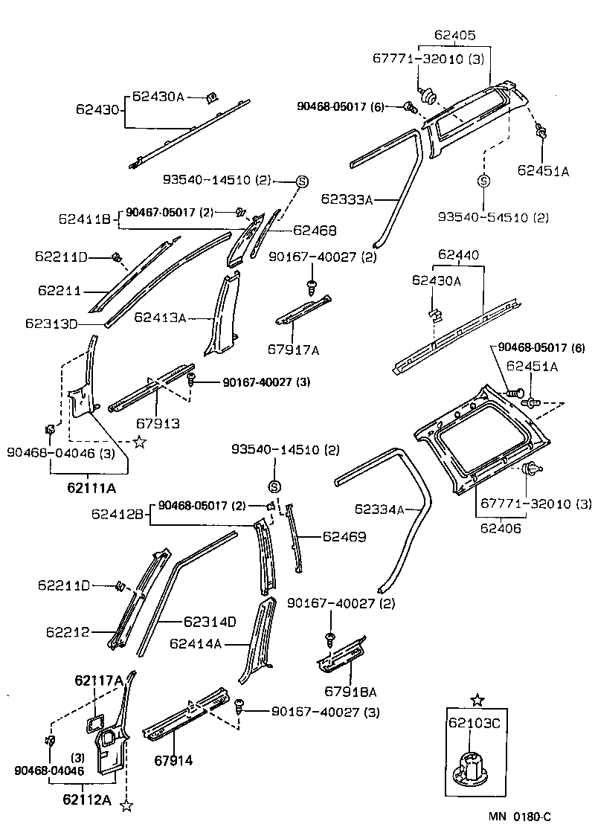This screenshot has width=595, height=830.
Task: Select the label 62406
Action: (501, 529)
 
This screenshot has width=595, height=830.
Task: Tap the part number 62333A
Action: (347, 199)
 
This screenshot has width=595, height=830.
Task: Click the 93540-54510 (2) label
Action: (493, 217)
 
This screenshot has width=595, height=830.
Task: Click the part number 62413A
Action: (160, 318)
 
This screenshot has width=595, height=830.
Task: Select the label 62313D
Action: (51, 324)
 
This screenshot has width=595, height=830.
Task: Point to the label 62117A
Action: (98, 680)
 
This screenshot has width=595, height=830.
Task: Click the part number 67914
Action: (173, 760)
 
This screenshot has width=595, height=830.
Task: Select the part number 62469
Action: (344, 535)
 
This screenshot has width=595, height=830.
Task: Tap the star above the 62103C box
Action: (477, 700)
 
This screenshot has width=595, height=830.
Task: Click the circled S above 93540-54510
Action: (483, 181)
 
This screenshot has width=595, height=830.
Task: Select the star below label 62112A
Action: (126, 805)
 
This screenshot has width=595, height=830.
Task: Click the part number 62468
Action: (315, 231)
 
